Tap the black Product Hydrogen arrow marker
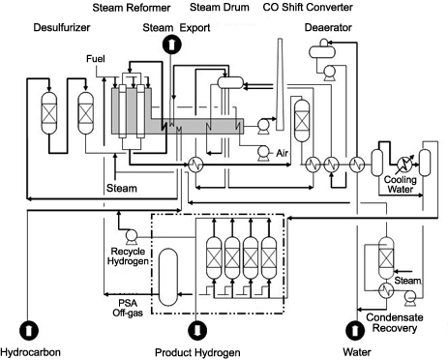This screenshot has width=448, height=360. (x=197, y=329)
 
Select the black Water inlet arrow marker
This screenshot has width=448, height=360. (x=356, y=329)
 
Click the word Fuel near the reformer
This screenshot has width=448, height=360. (x=95, y=60)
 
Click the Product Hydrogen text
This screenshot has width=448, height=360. (x=197, y=352)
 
